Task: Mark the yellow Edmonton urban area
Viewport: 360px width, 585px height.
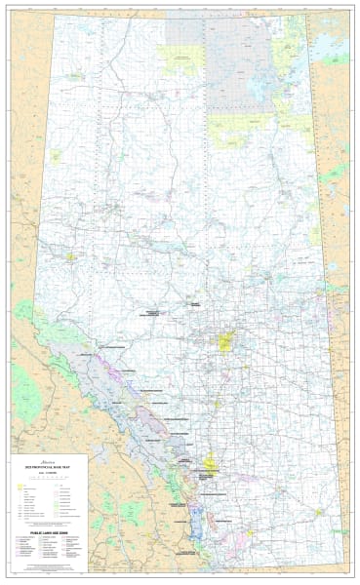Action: (226, 342)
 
